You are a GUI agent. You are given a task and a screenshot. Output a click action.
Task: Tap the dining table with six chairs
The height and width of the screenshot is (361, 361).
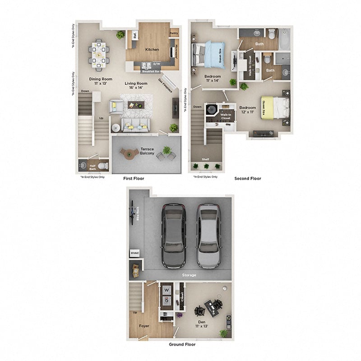tap(98, 54)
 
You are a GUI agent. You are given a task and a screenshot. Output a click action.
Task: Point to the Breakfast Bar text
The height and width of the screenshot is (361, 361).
tap(149, 71)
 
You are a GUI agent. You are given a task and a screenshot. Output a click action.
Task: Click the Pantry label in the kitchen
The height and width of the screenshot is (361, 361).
tap(173, 33)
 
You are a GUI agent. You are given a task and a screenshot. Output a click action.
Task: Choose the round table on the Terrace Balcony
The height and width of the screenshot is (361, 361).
tap(130, 154)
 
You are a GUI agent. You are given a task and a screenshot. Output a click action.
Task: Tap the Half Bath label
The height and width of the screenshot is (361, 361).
tap(93, 167)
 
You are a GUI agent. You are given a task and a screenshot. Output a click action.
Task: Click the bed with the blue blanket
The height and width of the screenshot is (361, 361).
tap(208, 54)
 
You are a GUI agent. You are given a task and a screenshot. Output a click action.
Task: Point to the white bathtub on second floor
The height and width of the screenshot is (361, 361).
tap(284, 39)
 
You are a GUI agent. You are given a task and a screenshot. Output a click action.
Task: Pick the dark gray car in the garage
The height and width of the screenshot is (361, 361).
tap(174, 235)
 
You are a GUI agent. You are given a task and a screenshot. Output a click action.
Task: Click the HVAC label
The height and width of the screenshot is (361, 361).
tap(134, 254)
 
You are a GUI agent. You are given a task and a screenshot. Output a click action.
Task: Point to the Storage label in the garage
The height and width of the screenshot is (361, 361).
tap(189, 275)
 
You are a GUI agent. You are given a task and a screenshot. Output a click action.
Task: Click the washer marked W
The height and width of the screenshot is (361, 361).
tap(166, 290)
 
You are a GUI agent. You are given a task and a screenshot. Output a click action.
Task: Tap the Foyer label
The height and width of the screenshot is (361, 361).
tap(144, 325)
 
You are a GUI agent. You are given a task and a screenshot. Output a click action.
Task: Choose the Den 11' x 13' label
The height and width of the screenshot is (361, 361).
tap(201, 324)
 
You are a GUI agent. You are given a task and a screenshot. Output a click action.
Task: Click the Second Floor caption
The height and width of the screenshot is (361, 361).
tap(247, 178)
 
